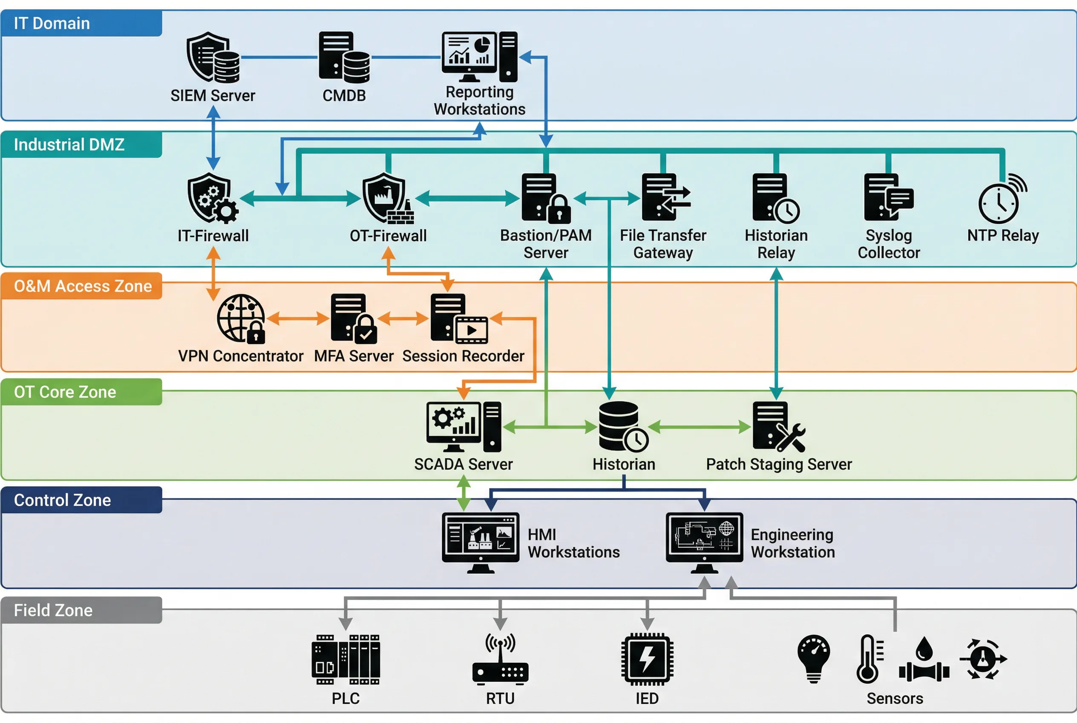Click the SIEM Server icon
[213, 57]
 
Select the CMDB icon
[344, 57]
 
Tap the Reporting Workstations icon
[479, 57]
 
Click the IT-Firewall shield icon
[213, 198]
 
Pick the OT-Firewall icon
[388, 198]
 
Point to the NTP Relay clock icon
[1002, 199]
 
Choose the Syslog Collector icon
[888, 197]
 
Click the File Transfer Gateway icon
[665, 197]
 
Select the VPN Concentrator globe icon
[241, 318]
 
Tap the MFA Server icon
[354, 318]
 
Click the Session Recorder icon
[459, 318]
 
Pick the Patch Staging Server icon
[778, 427]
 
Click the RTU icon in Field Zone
[500, 659]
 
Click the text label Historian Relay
[776, 244]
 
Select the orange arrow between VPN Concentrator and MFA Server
[298, 318]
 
